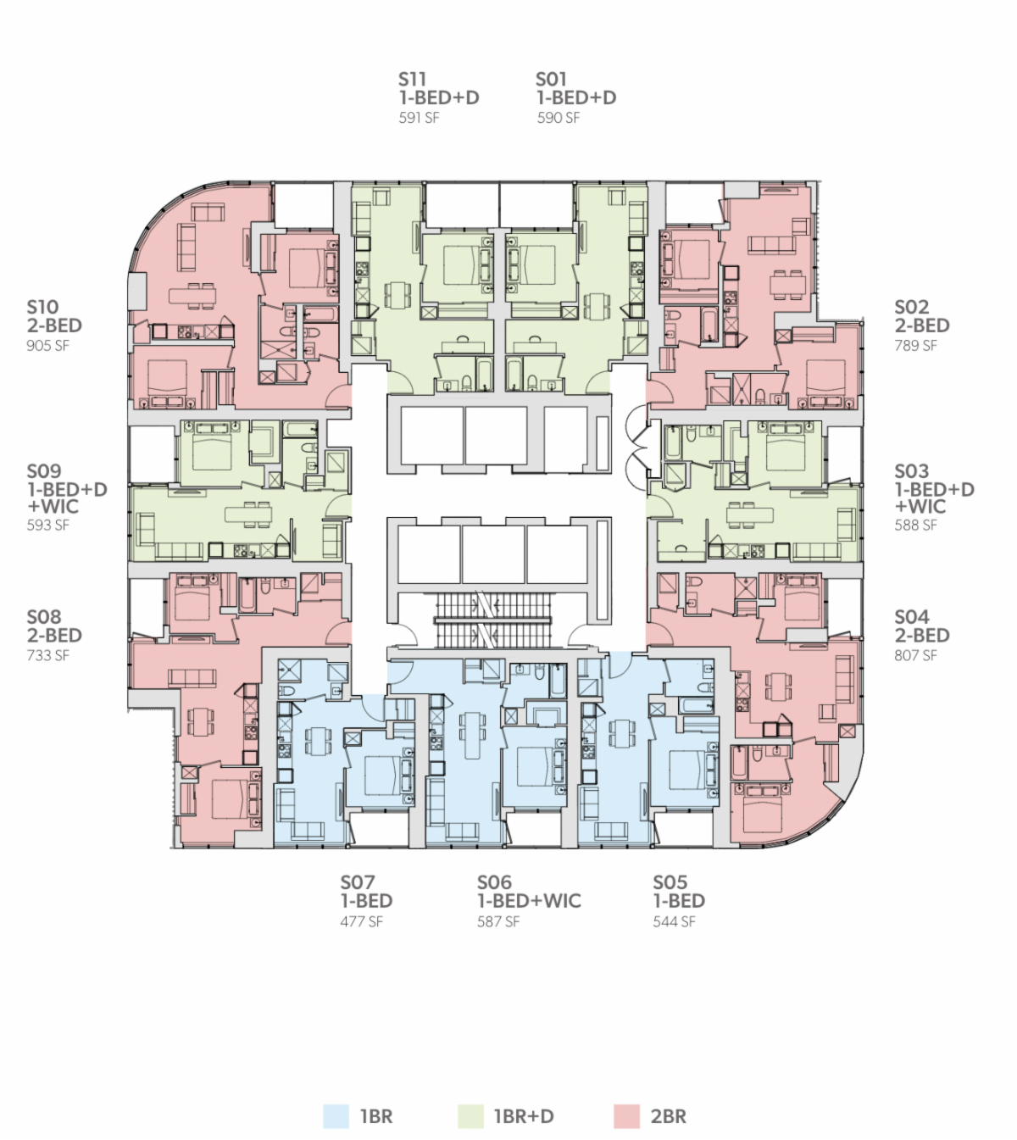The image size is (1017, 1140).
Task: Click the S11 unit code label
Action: point(412,79)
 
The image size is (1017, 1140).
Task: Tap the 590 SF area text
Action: point(558,118)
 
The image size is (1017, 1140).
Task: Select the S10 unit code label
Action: point(42,307)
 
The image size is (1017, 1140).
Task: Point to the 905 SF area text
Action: point(47,346)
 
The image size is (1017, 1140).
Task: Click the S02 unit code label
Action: point(911,307)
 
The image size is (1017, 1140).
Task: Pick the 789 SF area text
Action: point(915,346)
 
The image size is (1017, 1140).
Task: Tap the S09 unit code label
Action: point(44,471)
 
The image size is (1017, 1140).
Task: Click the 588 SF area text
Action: point(915,525)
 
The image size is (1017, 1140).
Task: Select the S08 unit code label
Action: point(44,617)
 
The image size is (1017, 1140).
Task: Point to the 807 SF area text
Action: point(915,655)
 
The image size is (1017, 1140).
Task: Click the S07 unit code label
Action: point(358,881)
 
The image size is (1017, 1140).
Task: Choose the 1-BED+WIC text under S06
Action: point(529,901)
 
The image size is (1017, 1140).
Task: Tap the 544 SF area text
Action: point(675,921)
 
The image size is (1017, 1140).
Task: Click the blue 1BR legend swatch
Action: point(336,1116)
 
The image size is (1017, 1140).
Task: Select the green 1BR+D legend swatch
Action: point(470,1116)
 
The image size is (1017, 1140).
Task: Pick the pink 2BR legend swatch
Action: point(627,1116)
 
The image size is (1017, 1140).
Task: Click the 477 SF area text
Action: point(361,921)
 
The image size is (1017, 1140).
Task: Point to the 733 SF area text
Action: point(47,655)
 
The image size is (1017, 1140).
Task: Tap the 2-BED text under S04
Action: point(922,636)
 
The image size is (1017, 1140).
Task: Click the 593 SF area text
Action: point(47,525)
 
